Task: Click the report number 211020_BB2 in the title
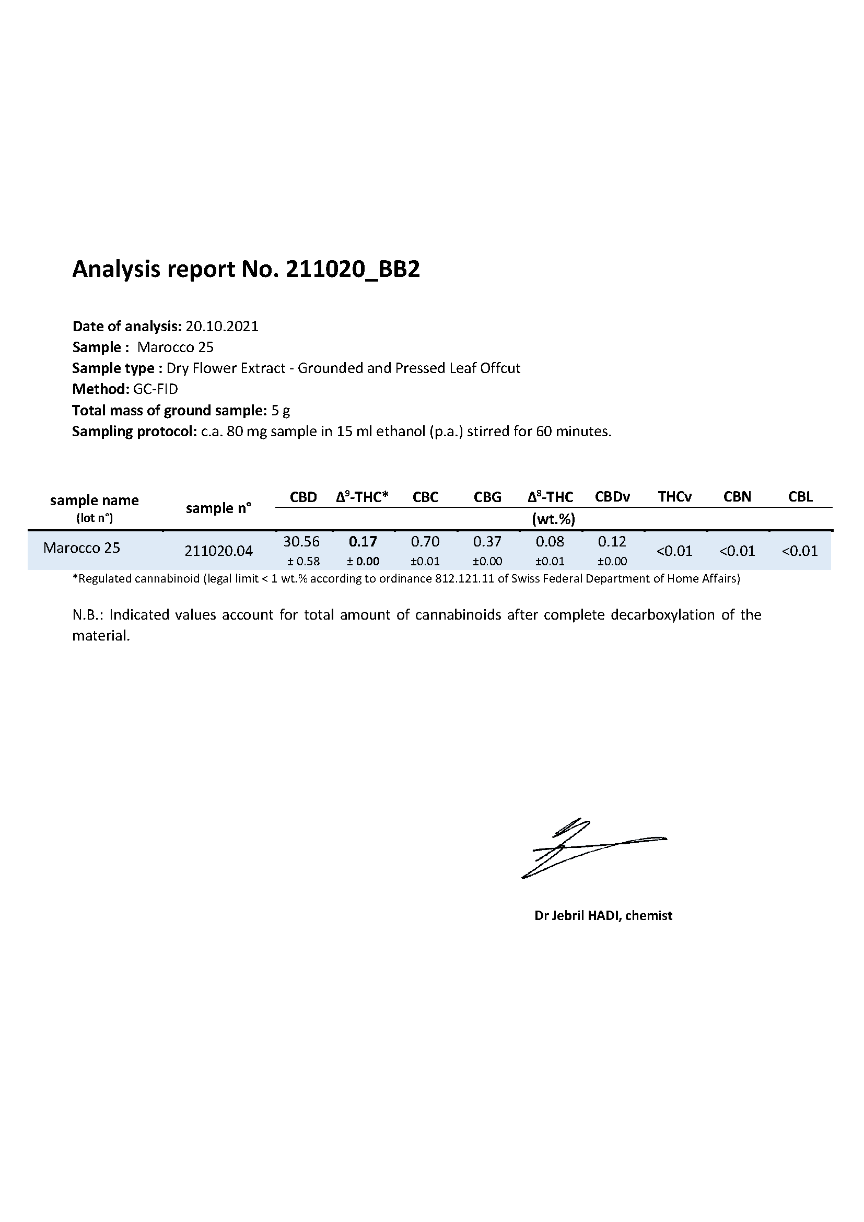(353, 270)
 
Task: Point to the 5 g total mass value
(281, 410)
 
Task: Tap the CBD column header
(303, 497)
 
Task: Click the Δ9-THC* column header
(363, 497)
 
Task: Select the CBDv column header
(612, 497)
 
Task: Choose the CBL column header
(800, 497)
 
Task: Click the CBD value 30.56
(301, 542)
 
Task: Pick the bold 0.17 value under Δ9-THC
(363, 542)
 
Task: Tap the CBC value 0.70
(425, 542)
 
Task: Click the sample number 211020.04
(219, 551)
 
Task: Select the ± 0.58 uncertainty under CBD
(303, 562)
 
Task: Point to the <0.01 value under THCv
(674, 551)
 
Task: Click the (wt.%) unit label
(553, 519)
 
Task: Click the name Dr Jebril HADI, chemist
(603, 915)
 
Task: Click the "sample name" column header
(94, 501)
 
